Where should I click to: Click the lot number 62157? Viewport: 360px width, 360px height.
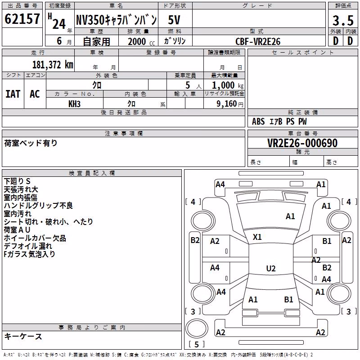pos(22,18)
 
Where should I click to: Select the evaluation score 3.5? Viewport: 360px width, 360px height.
pos(343,20)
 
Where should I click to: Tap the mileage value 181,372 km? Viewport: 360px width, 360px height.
pos(53,65)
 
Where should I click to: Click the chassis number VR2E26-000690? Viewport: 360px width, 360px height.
pos(302,143)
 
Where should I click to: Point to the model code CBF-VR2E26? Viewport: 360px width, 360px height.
pos(258,41)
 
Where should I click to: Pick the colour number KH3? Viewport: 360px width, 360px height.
pos(74,104)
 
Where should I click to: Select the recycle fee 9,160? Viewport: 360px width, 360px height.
pos(227,104)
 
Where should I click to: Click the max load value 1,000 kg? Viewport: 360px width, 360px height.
pos(228,85)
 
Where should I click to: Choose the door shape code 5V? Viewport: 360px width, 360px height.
pos(174,20)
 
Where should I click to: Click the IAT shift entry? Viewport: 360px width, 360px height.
pos(13,94)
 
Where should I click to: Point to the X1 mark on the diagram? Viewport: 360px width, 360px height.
pos(257,237)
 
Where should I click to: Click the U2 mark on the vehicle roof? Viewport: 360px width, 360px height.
pos(271,268)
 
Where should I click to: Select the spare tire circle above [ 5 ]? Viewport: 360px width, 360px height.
pos(197,329)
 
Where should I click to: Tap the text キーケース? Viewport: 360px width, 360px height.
pos(23,337)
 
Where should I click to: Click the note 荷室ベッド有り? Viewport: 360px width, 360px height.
pos(31,143)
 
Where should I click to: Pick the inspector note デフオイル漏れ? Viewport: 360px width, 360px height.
pos(28,246)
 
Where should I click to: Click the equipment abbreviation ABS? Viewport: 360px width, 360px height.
pos(258,121)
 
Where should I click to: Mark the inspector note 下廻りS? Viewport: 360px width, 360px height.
pos(17,181)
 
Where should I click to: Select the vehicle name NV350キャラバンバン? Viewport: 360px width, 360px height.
pos(117,20)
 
